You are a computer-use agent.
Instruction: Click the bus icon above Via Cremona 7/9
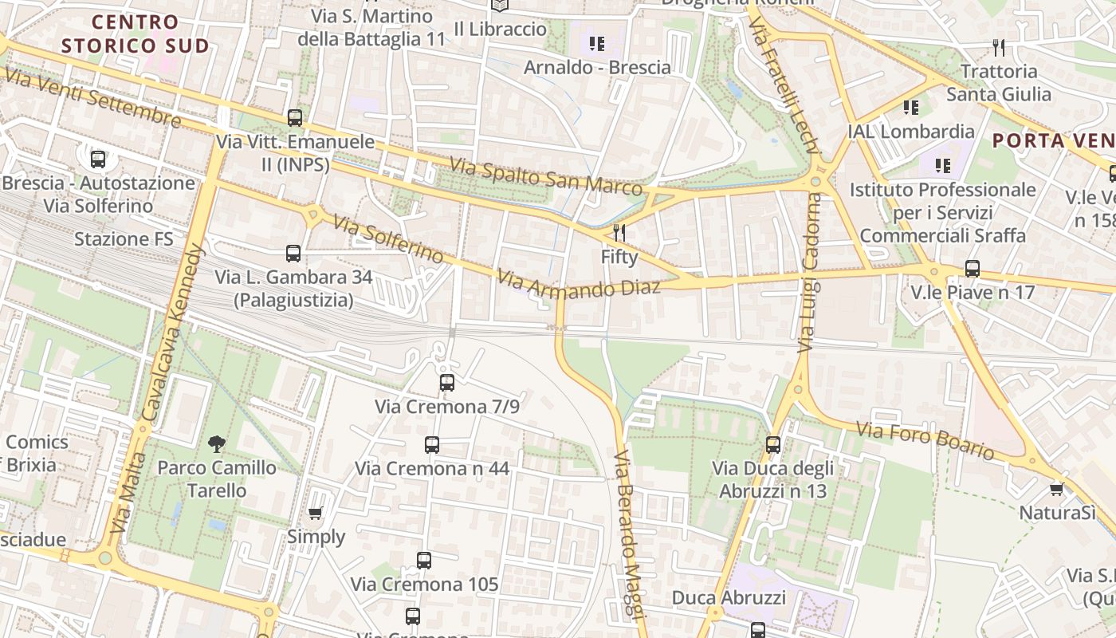click(x=447, y=383)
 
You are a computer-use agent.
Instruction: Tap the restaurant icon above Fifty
click(x=619, y=233)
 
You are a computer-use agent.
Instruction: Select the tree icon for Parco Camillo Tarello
click(x=216, y=444)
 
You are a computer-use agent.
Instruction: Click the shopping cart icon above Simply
click(x=316, y=514)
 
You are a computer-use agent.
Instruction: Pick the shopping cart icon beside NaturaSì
click(x=1057, y=489)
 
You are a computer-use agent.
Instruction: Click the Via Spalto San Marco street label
click(x=545, y=176)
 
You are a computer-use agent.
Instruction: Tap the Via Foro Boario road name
click(x=925, y=440)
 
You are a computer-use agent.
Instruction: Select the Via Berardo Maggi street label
click(x=628, y=534)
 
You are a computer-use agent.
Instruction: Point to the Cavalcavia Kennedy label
click(x=173, y=332)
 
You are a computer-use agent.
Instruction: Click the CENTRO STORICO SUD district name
click(x=135, y=33)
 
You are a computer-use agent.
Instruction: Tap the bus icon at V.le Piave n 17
click(x=972, y=269)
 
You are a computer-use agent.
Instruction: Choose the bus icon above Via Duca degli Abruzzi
click(x=772, y=445)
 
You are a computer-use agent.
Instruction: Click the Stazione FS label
click(x=124, y=239)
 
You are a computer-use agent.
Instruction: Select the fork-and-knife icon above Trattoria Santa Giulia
click(x=998, y=48)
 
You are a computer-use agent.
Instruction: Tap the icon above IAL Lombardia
click(x=910, y=108)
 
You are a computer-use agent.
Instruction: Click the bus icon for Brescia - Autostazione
click(x=98, y=159)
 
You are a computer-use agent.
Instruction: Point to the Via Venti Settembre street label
click(x=93, y=98)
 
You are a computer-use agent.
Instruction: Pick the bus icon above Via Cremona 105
click(x=424, y=561)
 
